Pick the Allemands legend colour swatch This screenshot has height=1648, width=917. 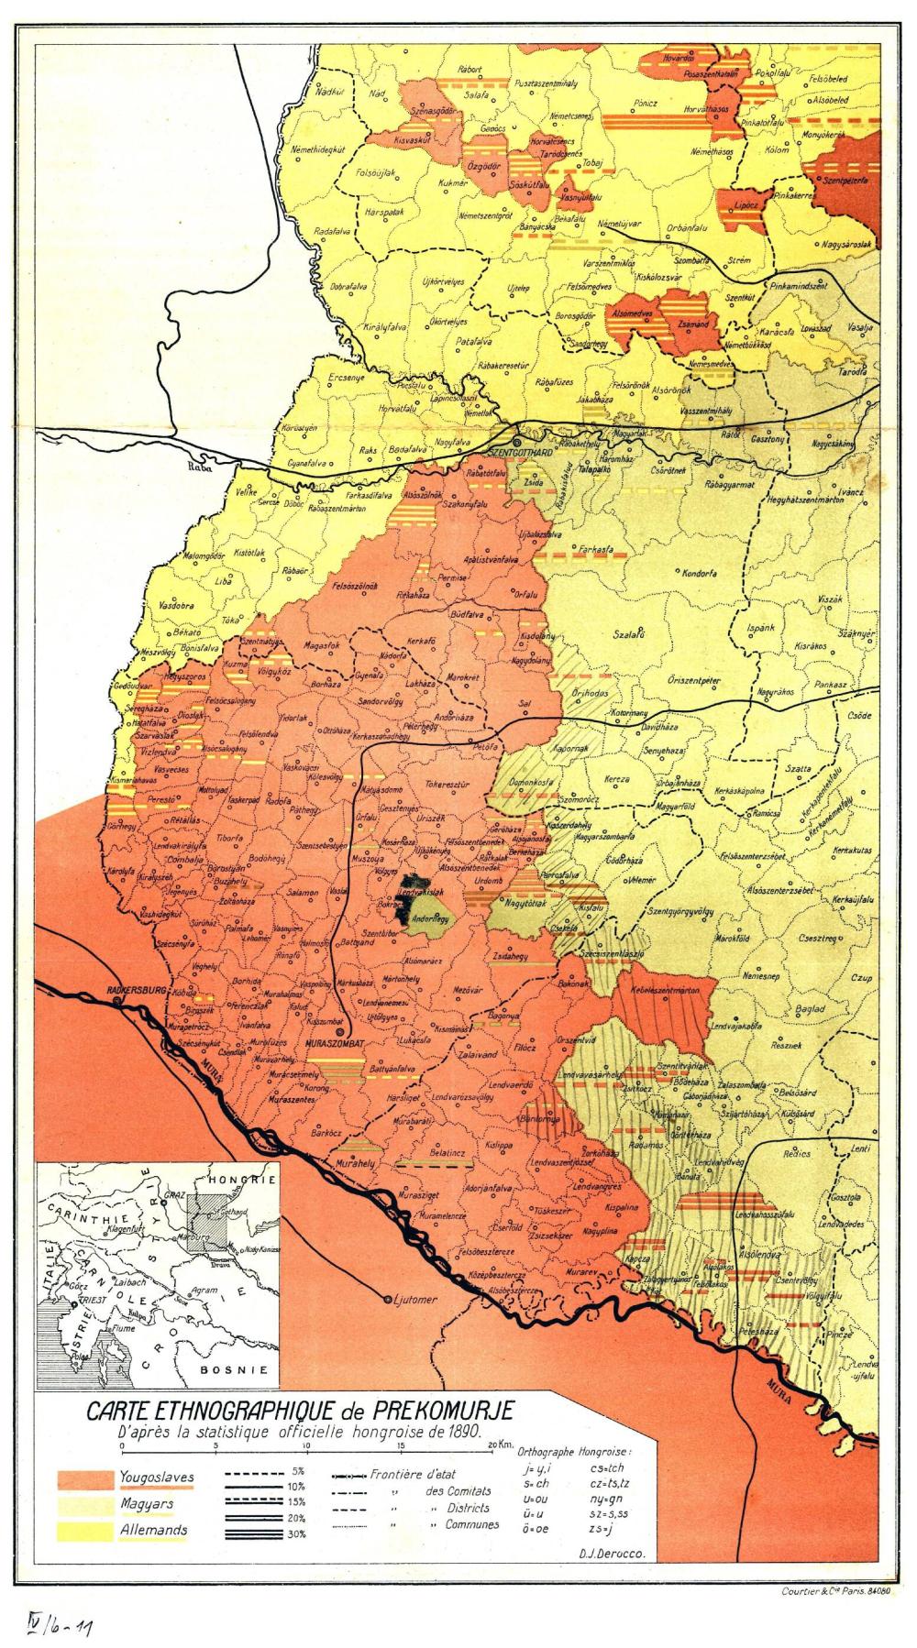click(x=85, y=1530)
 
